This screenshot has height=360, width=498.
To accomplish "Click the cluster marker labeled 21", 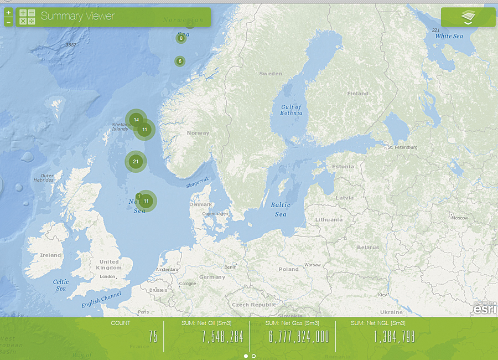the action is pyautogui.click(x=136, y=162).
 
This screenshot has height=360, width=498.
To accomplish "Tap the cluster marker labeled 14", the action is pyautogui.click(x=136, y=120).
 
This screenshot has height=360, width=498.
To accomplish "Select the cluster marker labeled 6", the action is pyautogui.click(x=180, y=61).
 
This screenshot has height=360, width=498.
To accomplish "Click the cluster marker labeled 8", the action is pyautogui.click(x=181, y=38).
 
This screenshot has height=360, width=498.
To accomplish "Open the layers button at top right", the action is pyautogui.click(x=468, y=17).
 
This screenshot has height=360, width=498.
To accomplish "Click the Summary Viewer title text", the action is pyautogui.click(x=77, y=16).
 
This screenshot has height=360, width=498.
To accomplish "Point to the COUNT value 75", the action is pyautogui.click(x=153, y=336).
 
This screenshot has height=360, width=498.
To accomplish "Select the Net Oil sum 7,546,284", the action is pyautogui.click(x=222, y=336).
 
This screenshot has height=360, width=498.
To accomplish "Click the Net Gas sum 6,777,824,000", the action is pyautogui.click(x=299, y=336).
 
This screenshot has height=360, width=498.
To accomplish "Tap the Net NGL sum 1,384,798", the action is pyautogui.click(x=394, y=336).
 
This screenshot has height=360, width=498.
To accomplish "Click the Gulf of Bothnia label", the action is pyautogui.click(x=292, y=110).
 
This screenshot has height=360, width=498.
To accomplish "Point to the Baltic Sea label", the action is pyautogui.click(x=281, y=209).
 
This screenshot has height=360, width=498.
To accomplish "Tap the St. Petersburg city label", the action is pyautogui.click(x=403, y=147).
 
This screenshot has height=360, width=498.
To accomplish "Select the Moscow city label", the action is pyautogui.click(x=460, y=218).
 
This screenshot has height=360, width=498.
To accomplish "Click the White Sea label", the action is pyautogui.click(x=449, y=36).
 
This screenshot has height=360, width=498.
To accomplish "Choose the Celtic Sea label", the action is pyautogui.click(x=61, y=285).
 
